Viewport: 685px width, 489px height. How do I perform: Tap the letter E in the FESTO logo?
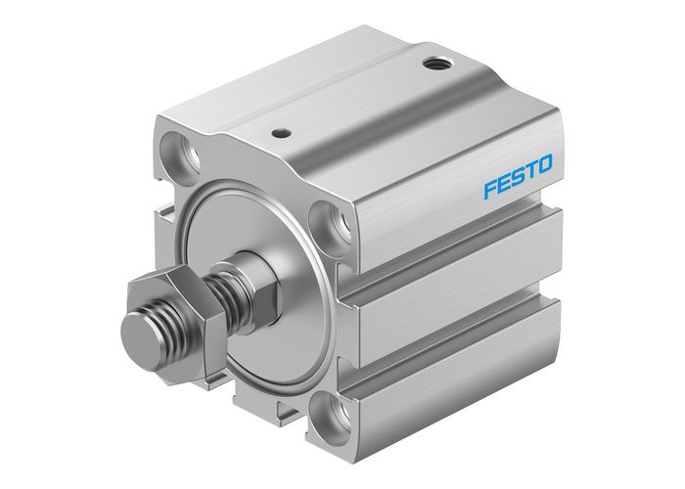pyautogui.click(x=504, y=180)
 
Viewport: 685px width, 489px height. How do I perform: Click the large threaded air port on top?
pyautogui.click(x=434, y=65)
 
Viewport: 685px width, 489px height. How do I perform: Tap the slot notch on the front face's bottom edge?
pyautogui.click(x=283, y=404)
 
